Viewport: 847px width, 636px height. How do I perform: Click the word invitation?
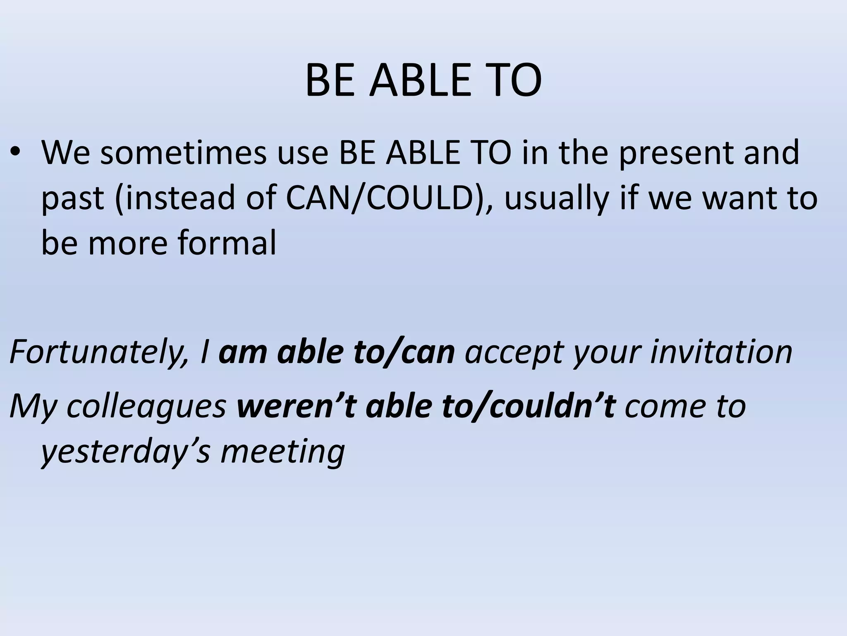coord(721,352)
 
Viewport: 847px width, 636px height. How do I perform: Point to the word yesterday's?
coord(127,452)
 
